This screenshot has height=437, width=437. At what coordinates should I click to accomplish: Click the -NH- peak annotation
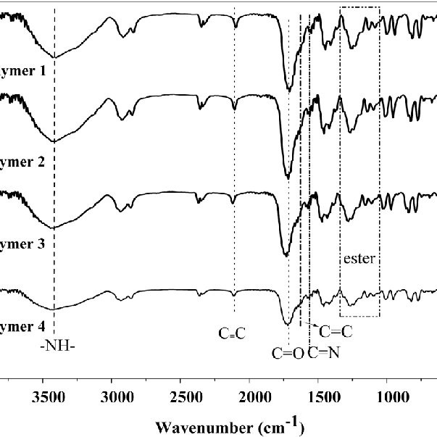click(58, 344)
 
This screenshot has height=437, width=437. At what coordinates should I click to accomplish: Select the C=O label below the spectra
click(287, 354)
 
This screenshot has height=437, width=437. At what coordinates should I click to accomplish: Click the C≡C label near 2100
click(233, 334)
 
